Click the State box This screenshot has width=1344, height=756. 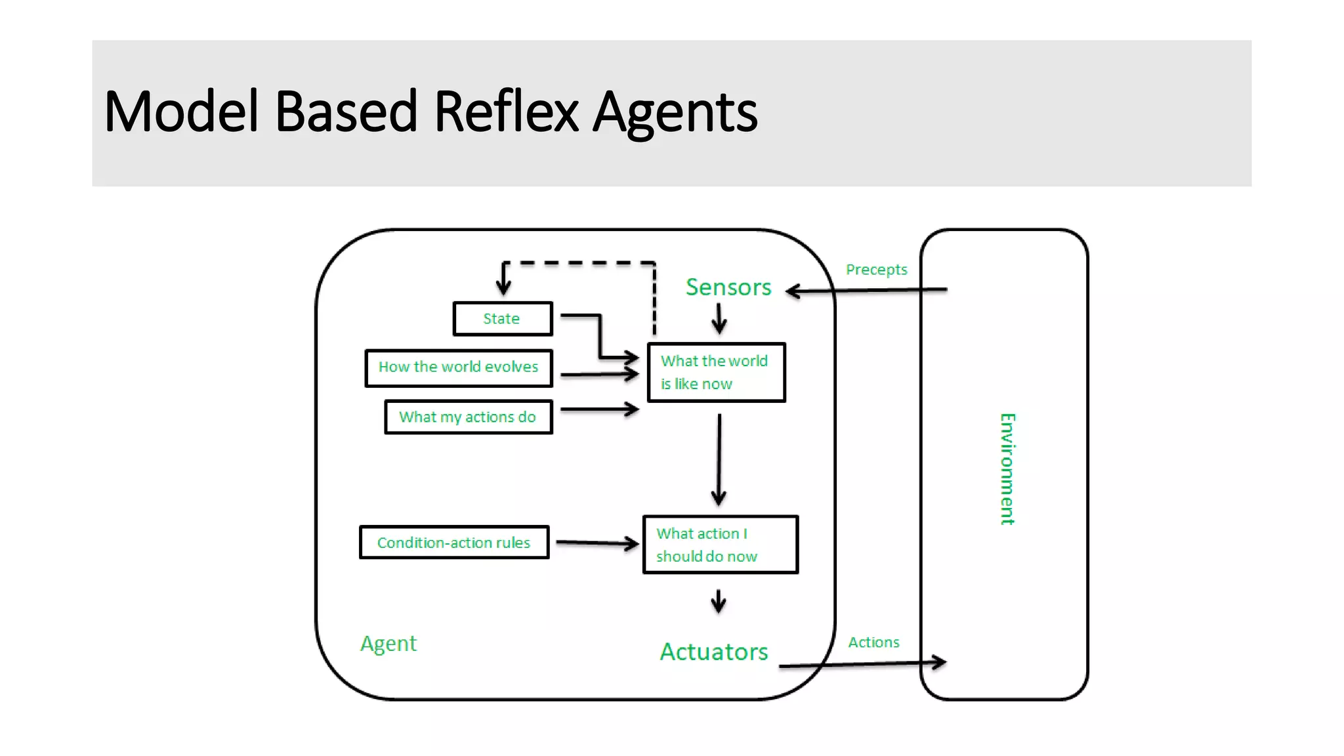point(502,319)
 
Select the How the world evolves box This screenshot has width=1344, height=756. point(459,368)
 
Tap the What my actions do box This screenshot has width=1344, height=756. point(468,417)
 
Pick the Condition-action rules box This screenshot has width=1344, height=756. point(453,543)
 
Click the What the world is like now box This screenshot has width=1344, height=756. point(716,372)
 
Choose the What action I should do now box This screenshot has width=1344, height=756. point(720,545)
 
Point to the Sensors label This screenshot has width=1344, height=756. point(728,287)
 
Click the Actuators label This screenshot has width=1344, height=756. point(713,652)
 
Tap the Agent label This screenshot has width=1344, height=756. point(388,644)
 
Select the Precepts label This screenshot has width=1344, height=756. point(876,270)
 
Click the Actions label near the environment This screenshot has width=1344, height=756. point(873,642)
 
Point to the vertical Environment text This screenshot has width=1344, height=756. point(1007,469)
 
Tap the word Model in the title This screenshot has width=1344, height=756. point(181,112)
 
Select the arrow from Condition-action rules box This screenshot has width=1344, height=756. point(597,543)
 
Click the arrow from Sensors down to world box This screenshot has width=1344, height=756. point(719,320)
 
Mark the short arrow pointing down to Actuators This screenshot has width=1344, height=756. point(719,601)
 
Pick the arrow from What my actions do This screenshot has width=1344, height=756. point(599,409)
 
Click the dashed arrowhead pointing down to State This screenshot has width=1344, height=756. point(503,282)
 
